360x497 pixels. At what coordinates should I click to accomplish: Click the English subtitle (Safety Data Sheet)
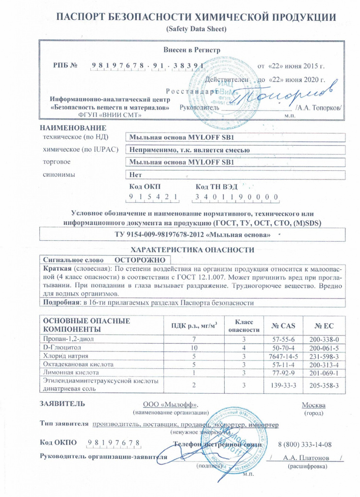[196, 29]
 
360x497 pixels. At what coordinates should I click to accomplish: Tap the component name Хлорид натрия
[61, 356]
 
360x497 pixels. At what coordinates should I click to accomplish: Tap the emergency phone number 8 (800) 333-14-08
[305, 444]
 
